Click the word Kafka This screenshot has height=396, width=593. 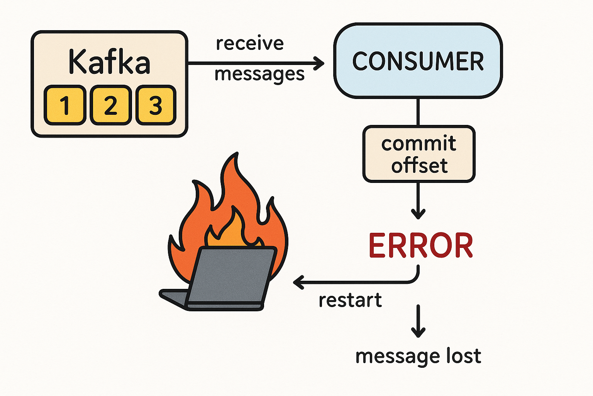(x=109, y=62)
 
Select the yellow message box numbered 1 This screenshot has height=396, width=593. (x=65, y=105)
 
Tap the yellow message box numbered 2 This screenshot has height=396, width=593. (x=110, y=105)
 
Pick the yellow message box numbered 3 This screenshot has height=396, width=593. (x=156, y=105)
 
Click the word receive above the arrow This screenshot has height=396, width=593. (x=250, y=43)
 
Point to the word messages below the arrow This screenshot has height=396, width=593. (x=259, y=74)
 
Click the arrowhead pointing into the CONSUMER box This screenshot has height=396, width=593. (x=320, y=63)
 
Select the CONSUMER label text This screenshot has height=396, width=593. (x=418, y=61)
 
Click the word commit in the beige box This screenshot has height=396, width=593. (x=419, y=143)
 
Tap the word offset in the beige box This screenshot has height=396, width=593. (x=419, y=166)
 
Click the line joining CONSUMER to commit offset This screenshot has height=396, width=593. (x=418, y=112)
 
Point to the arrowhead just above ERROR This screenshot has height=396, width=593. (x=418, y=213)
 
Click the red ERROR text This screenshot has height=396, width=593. (x=421, y=246)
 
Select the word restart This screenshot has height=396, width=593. (x=350, y=300)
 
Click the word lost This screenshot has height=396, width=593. (x=464, y=355)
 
